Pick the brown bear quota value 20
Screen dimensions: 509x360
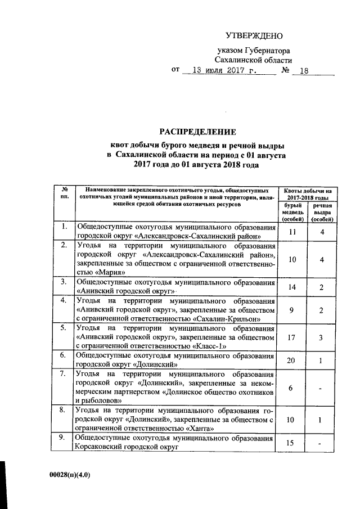tap(291, 361)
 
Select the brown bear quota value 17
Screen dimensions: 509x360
tap(291, 337)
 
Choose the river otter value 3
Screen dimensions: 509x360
tap(319, 337)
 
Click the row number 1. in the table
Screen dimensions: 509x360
tap(65, 227)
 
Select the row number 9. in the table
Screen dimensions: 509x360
tap(65, 438)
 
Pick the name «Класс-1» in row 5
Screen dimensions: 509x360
tap(209, 346)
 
